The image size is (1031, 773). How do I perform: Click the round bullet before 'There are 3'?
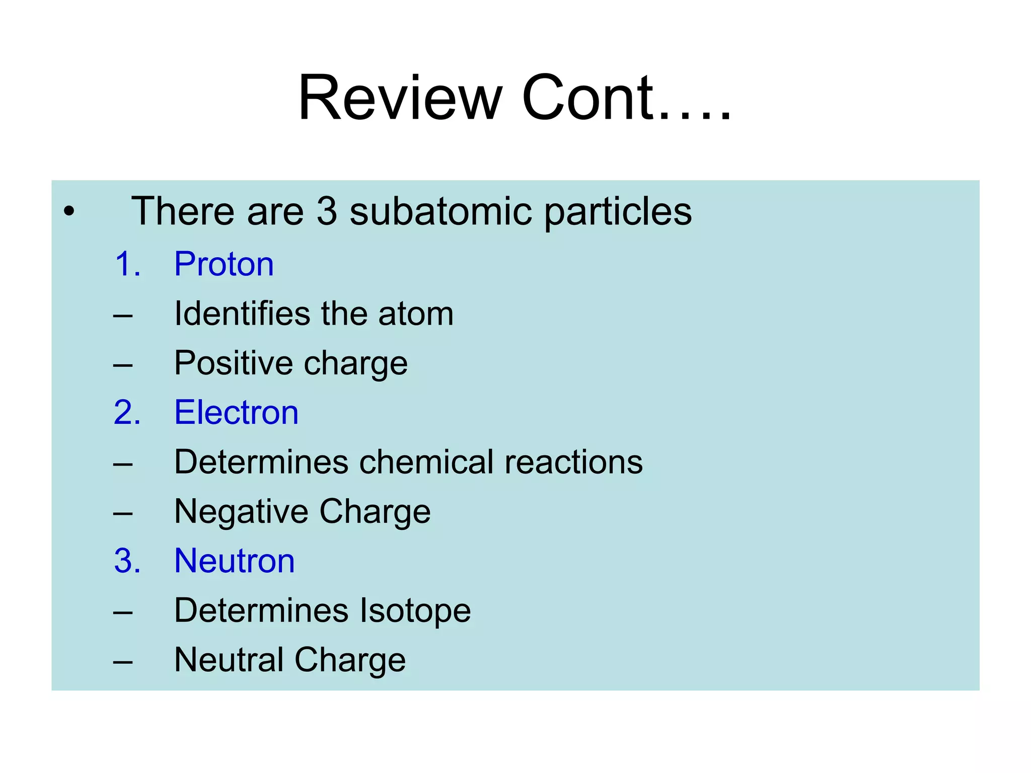[69, 211]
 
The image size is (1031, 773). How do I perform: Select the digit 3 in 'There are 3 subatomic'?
[327, 211]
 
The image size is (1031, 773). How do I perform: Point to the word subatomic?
[440, 211]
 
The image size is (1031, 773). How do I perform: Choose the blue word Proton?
[224, 264]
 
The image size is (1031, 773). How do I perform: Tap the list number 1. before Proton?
[127, 264]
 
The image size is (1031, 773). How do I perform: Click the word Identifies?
[242, 314]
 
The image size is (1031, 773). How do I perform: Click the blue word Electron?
[236, 412]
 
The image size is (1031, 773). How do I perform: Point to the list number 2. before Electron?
[127, 412]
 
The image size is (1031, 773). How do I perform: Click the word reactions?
[573, 462]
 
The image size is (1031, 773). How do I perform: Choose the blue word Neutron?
[234, 561]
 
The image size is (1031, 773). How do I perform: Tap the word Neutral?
[229, 660]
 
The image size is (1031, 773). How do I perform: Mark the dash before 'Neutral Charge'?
[123, 661]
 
